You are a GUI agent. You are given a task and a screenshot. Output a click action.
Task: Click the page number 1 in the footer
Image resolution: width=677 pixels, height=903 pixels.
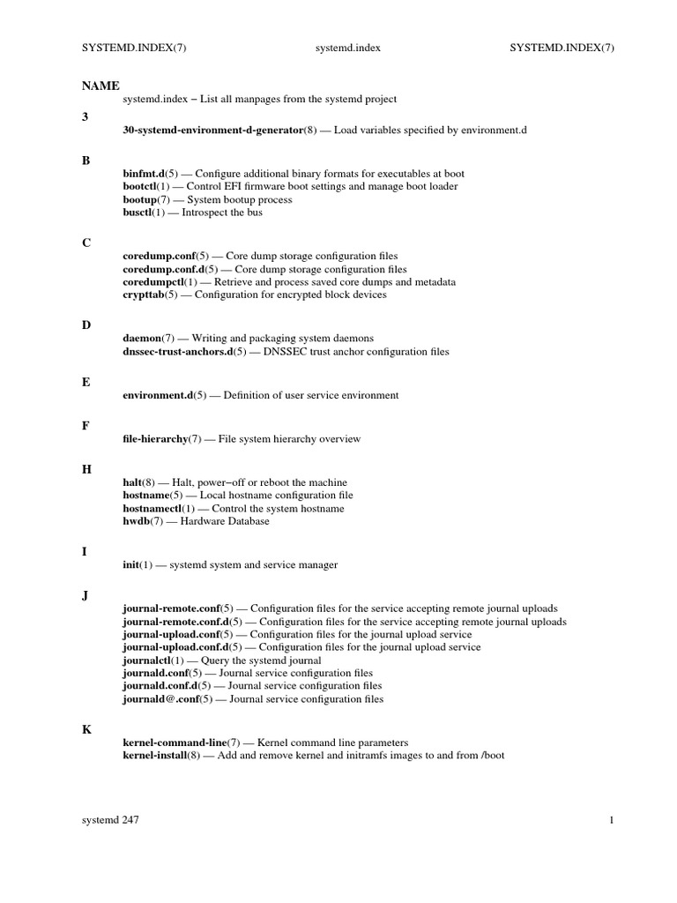(611, 820)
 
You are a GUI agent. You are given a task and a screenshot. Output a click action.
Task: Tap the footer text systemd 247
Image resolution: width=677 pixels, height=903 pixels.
(109, 820)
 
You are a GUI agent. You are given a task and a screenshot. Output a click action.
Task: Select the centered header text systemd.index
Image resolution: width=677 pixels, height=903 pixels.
(348, 49)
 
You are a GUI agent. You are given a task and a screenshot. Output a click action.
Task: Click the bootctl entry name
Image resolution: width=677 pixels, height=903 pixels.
(141, 187)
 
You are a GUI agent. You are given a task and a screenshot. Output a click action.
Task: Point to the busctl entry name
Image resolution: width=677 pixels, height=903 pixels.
(139, 213)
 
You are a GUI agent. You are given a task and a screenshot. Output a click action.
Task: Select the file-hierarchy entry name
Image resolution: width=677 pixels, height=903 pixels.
(155, 439)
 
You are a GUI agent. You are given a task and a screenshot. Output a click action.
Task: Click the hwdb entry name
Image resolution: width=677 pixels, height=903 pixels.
(137, 521)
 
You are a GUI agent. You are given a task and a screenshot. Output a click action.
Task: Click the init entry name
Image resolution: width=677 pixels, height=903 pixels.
(132, 565)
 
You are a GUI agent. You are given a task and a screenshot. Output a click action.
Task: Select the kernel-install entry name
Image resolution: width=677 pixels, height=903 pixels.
(154, 756)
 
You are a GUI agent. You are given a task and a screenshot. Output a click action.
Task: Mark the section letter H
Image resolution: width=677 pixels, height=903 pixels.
(86, 469)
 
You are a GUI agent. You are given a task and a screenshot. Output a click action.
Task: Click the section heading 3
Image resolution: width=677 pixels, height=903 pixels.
(85, 116)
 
